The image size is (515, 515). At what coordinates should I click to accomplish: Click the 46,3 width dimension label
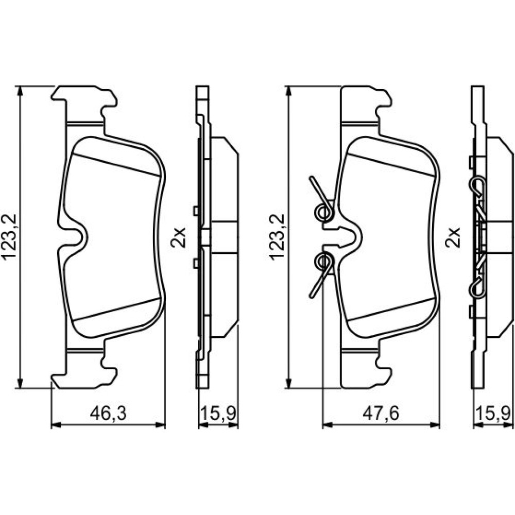(108, 414)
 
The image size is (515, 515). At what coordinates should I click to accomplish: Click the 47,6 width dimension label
(381, 414)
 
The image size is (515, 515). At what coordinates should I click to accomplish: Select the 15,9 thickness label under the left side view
(218, 414)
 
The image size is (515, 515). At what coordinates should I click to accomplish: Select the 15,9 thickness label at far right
(494, 414)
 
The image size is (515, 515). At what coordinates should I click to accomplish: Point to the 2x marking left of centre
(178, 237)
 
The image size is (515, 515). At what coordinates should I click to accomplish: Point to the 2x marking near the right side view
(453, 237)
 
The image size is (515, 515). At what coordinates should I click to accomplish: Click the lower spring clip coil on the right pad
(324, 262)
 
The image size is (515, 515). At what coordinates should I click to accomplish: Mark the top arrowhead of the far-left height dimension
(21, 91)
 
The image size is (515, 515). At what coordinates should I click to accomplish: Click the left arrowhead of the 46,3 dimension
(56, 425)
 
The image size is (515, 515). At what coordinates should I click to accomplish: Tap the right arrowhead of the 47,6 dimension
(435, 425)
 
